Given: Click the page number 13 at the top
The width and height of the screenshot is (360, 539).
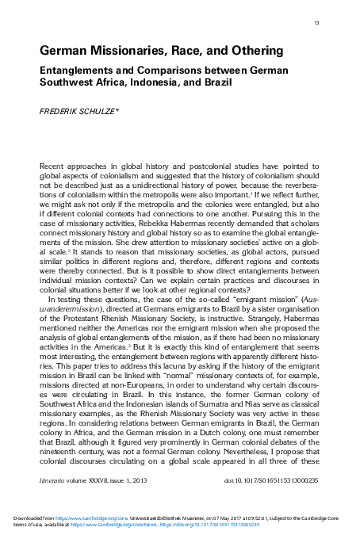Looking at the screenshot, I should coord(316,23).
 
